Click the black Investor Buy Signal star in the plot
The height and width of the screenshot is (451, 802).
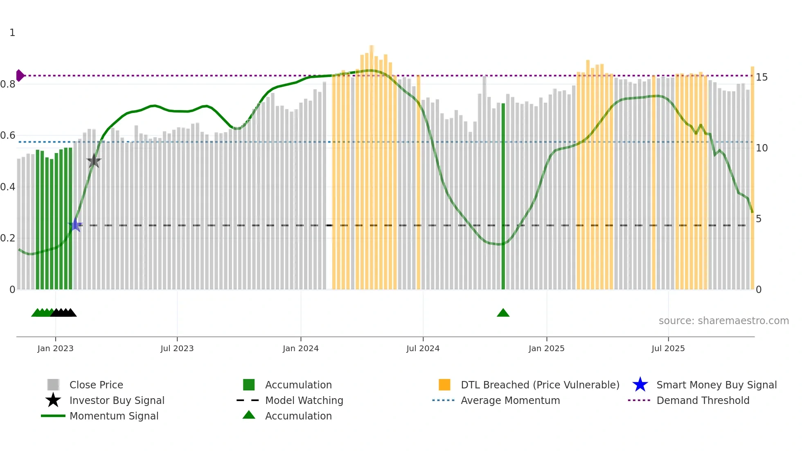click(x=94, y=161)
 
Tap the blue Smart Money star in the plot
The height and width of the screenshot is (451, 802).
click(x=75, y=225)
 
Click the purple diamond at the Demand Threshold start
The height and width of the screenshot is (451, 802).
click(x=20, y=75)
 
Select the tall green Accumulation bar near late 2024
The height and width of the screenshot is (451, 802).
click(x=503, y=196)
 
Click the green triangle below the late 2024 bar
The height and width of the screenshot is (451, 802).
click(x=503, y=313)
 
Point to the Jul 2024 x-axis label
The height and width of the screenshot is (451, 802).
click(x=423, y=348)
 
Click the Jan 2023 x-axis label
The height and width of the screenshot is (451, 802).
click(x=55, y=348)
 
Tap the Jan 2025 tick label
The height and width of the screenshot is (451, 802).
click(x=546, y=348)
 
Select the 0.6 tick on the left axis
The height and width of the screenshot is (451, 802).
click(x=8, y=135)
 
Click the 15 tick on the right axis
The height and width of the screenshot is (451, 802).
click(x=761, y=77)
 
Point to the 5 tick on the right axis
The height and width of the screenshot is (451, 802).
click(x=759, y=219)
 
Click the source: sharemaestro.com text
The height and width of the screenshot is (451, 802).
click(x=723, y=320)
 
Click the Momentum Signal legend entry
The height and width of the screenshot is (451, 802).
click(x=114, y=416)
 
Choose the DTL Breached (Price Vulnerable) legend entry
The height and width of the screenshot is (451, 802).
click(x=540, y=385)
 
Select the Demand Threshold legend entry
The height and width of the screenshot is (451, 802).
click(x=703, y=400)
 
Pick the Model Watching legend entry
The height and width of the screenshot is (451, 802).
click(x=304, y=400)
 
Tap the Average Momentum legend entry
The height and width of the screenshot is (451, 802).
click(x=510, y=400)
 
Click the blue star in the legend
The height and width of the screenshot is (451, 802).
click(x=640, y=385)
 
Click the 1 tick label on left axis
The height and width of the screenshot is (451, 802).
click(x=12, y=33)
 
